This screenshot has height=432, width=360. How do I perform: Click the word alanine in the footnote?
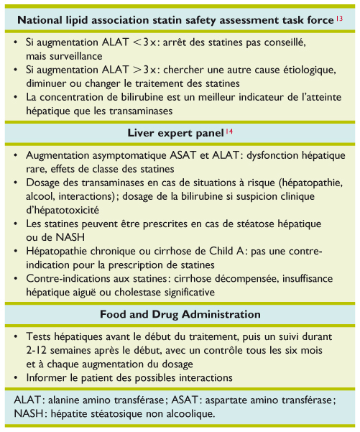point(70,400)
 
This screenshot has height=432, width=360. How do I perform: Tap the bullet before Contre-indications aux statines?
point(17,279)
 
